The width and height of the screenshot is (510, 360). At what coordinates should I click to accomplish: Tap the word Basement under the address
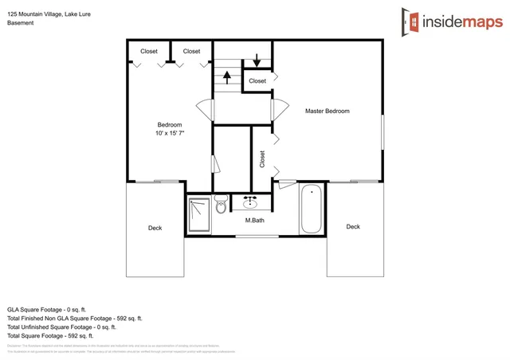coord(21,23)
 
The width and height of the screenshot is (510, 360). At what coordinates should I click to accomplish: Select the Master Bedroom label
coord(327,112)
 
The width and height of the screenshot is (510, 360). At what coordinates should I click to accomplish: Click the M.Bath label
coord(254,220)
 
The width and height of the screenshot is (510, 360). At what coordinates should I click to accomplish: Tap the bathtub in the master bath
coord(311,209)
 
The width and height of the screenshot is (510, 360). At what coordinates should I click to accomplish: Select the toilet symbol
coord(221,205)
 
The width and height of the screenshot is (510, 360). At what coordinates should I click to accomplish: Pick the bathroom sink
coord(249,202)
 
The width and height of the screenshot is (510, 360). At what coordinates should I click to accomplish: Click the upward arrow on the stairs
coord(226,77)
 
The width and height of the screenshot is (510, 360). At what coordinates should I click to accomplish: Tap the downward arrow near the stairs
coord(257,61)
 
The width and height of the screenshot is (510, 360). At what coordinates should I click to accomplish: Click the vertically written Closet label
coord(262,159)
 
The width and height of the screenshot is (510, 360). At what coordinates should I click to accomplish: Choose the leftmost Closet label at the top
coord(149,52)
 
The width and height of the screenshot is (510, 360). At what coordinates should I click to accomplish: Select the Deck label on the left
coord(155,228)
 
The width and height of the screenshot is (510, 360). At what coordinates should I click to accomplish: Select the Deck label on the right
coord(353,227)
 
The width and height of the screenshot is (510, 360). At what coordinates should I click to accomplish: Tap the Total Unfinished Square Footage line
coord(61,327)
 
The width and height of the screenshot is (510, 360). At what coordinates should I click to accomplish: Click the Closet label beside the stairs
coord(257,81)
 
